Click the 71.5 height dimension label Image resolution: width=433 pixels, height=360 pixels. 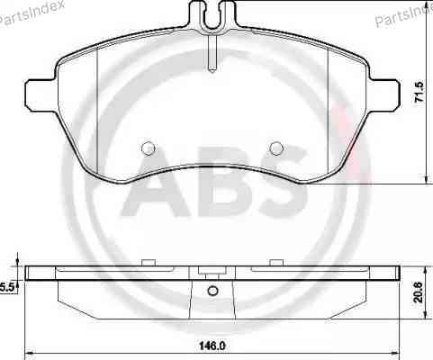[x=419, y=93]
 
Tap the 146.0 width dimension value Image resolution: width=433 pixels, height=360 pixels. [x=212, y=346]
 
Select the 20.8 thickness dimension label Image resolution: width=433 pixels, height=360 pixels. [x=419, y=292]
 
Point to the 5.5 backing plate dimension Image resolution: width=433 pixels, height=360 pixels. [x=7, y=288]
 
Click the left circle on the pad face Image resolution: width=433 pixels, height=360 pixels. [x=148, y=148]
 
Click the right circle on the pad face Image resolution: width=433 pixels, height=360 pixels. [x=276, y=148]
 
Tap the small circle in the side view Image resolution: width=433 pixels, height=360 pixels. [x=212, y=291]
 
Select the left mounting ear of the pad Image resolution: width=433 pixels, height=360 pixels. [x=41, y=95]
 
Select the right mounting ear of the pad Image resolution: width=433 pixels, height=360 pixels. [x=384, y=95]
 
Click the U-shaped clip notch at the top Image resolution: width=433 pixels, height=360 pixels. [x=212, y=15]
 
